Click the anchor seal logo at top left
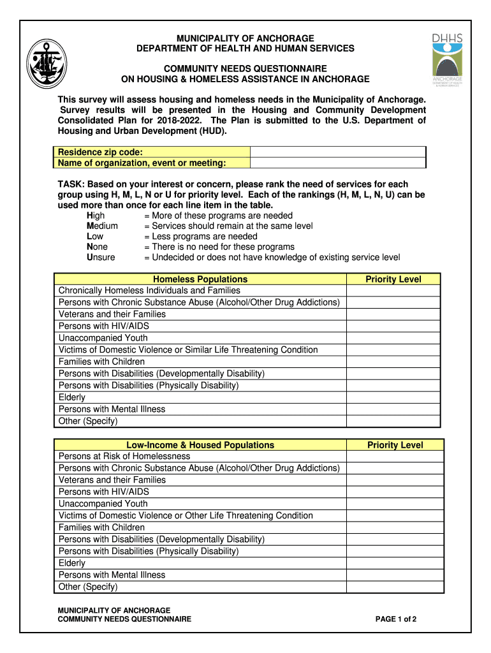47,64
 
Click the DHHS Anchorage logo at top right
447,61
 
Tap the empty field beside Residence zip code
337,152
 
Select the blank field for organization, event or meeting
337,163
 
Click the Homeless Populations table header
200,279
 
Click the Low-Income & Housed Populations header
200,445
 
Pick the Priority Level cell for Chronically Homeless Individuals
393,291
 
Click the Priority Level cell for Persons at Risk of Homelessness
395,457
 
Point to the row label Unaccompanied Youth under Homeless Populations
103,338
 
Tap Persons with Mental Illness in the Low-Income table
112,575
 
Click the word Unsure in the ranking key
101,258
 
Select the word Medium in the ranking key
102,226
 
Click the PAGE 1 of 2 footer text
396,619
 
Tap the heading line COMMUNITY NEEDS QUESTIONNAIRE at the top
246,68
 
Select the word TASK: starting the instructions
71,184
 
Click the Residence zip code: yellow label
100,152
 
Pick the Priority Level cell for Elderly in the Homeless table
393,397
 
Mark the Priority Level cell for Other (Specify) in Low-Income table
395,587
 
